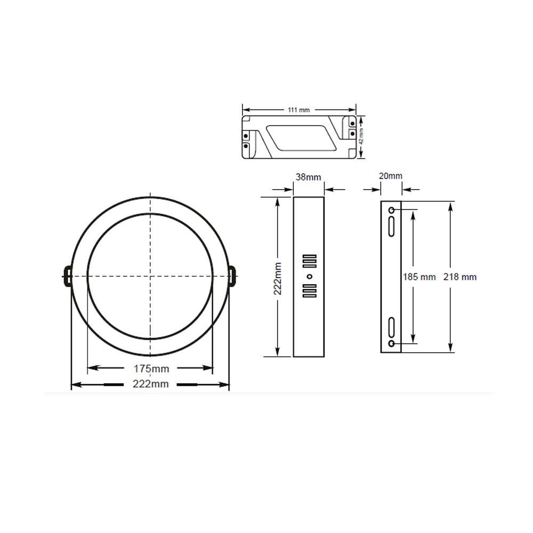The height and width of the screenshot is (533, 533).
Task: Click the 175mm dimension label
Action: point(151,368)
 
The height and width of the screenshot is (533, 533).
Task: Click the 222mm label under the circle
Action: point(151,384)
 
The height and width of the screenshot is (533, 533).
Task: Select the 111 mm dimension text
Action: point(299,110)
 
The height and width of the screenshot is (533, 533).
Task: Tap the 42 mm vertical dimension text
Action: point(362,136)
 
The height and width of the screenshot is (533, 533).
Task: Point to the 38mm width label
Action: point(308,177)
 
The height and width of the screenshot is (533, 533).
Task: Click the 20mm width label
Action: point(391,176)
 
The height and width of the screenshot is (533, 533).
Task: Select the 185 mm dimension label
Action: point(419,277)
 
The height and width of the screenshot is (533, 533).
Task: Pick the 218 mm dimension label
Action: point(460,277)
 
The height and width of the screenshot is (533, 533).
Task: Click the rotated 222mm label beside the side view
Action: point(278,278)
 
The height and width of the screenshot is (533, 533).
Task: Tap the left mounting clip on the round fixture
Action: point(67,276)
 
